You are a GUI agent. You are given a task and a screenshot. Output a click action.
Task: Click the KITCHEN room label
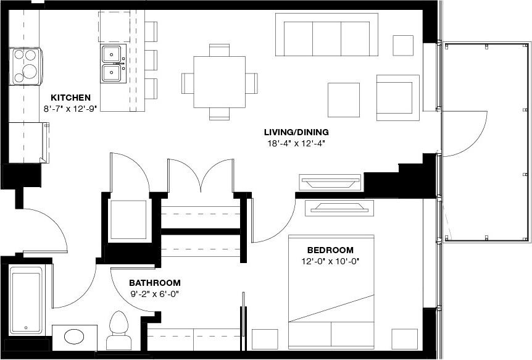pyautogui.click(x=71, y=98)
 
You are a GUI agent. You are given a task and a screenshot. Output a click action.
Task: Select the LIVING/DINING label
pyautogui.click(x=296, y=132)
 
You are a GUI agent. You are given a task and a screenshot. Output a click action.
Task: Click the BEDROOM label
pyautogui.click(x=330, y=250)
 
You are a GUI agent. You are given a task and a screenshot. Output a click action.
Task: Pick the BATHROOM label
pyautogui.click(x=155, y=282)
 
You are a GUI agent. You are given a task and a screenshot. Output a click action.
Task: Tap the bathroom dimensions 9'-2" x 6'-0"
pyautogui.click(x=154, y=293)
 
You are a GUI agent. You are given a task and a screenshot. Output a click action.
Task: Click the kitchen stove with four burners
pyautogui.click(x=26, y=65)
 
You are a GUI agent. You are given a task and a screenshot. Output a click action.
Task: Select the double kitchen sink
pyautogui.click(x=113, y=63)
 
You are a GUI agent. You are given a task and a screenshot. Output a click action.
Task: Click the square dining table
pyautogui.click(x=219, y=82)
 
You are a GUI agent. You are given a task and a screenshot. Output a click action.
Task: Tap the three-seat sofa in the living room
pyautogui.click(x=330, y=35)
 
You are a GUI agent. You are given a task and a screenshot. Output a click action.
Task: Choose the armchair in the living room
pyautogui.click(x=397, y=97)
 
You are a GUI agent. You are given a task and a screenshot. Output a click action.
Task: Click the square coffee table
pyautogui.click(x=343, y=99)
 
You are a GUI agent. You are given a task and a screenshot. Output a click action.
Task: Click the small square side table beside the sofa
pyautogui.click(x=403, y=45)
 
